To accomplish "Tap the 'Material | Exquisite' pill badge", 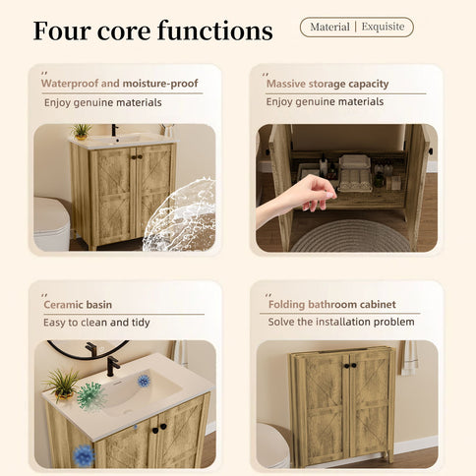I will coord(356,28).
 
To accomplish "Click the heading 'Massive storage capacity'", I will coord(327,85).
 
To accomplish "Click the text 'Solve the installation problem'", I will coord(340,323).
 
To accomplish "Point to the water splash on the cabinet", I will coord(181,216).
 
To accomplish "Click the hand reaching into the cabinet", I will coord(298,194).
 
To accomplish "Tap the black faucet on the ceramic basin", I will coord(112,365).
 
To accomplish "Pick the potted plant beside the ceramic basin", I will coord(61,383).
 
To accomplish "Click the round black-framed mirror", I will coord(87,348).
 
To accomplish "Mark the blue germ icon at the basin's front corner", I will coord(84,454).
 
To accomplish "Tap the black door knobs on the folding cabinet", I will coord(349,366).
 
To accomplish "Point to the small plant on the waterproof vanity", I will coord(82,131).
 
